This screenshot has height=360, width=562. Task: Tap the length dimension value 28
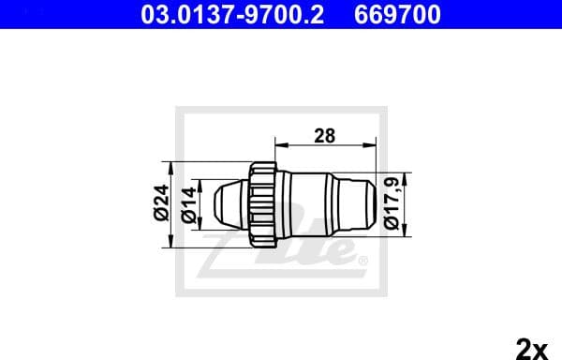tap(325, 135)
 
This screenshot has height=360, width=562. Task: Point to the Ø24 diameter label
tap(161, 202)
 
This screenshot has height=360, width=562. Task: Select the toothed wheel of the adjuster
tap(261, 203)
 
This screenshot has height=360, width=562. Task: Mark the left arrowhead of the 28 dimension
tap(277, 145)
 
